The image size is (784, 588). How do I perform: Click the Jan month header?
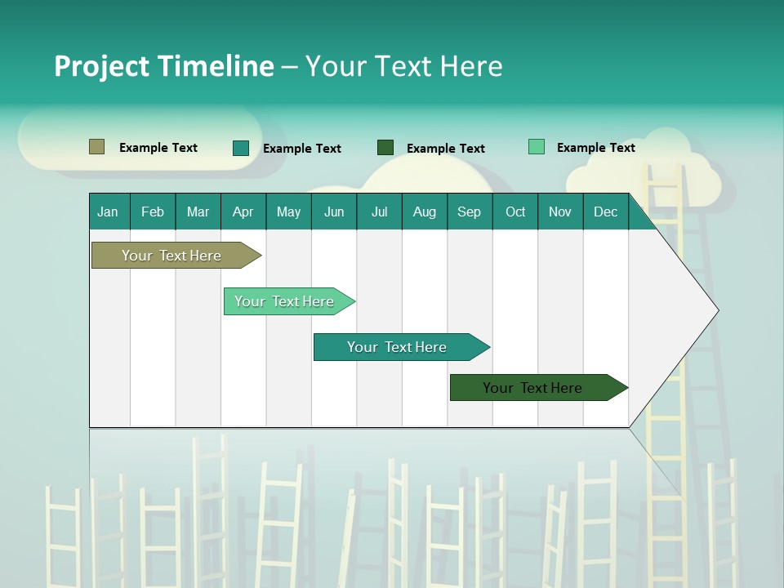pyautogui.click(x=108, y=212)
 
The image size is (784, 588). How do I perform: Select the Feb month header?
pyautogui.click(x=153, y=212)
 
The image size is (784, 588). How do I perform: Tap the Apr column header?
pyautogui.click(x=243, y=212)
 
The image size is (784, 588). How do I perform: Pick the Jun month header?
pyautogui.click(x=334, y=212)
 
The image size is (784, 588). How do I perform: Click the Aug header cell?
pyautogui.click(x=424, y=212)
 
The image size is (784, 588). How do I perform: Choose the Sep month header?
pyautogui.click(x=469, y=212)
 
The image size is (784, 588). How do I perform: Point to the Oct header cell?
pyautogui.click(x=515, y=212)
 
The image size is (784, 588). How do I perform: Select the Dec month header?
pyautogui.click(x=605, y=212)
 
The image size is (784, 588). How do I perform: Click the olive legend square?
pyautogui.click(x=96, y=147)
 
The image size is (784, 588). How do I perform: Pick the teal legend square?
pyautogui.click(x=241, y=148)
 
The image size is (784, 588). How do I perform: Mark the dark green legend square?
pyautogui.click(x=385, y=148)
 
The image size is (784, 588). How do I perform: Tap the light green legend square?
pyautogui.click(x=536, y=147)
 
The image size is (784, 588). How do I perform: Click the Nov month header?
pyautogui.click(x=560, y=212)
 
